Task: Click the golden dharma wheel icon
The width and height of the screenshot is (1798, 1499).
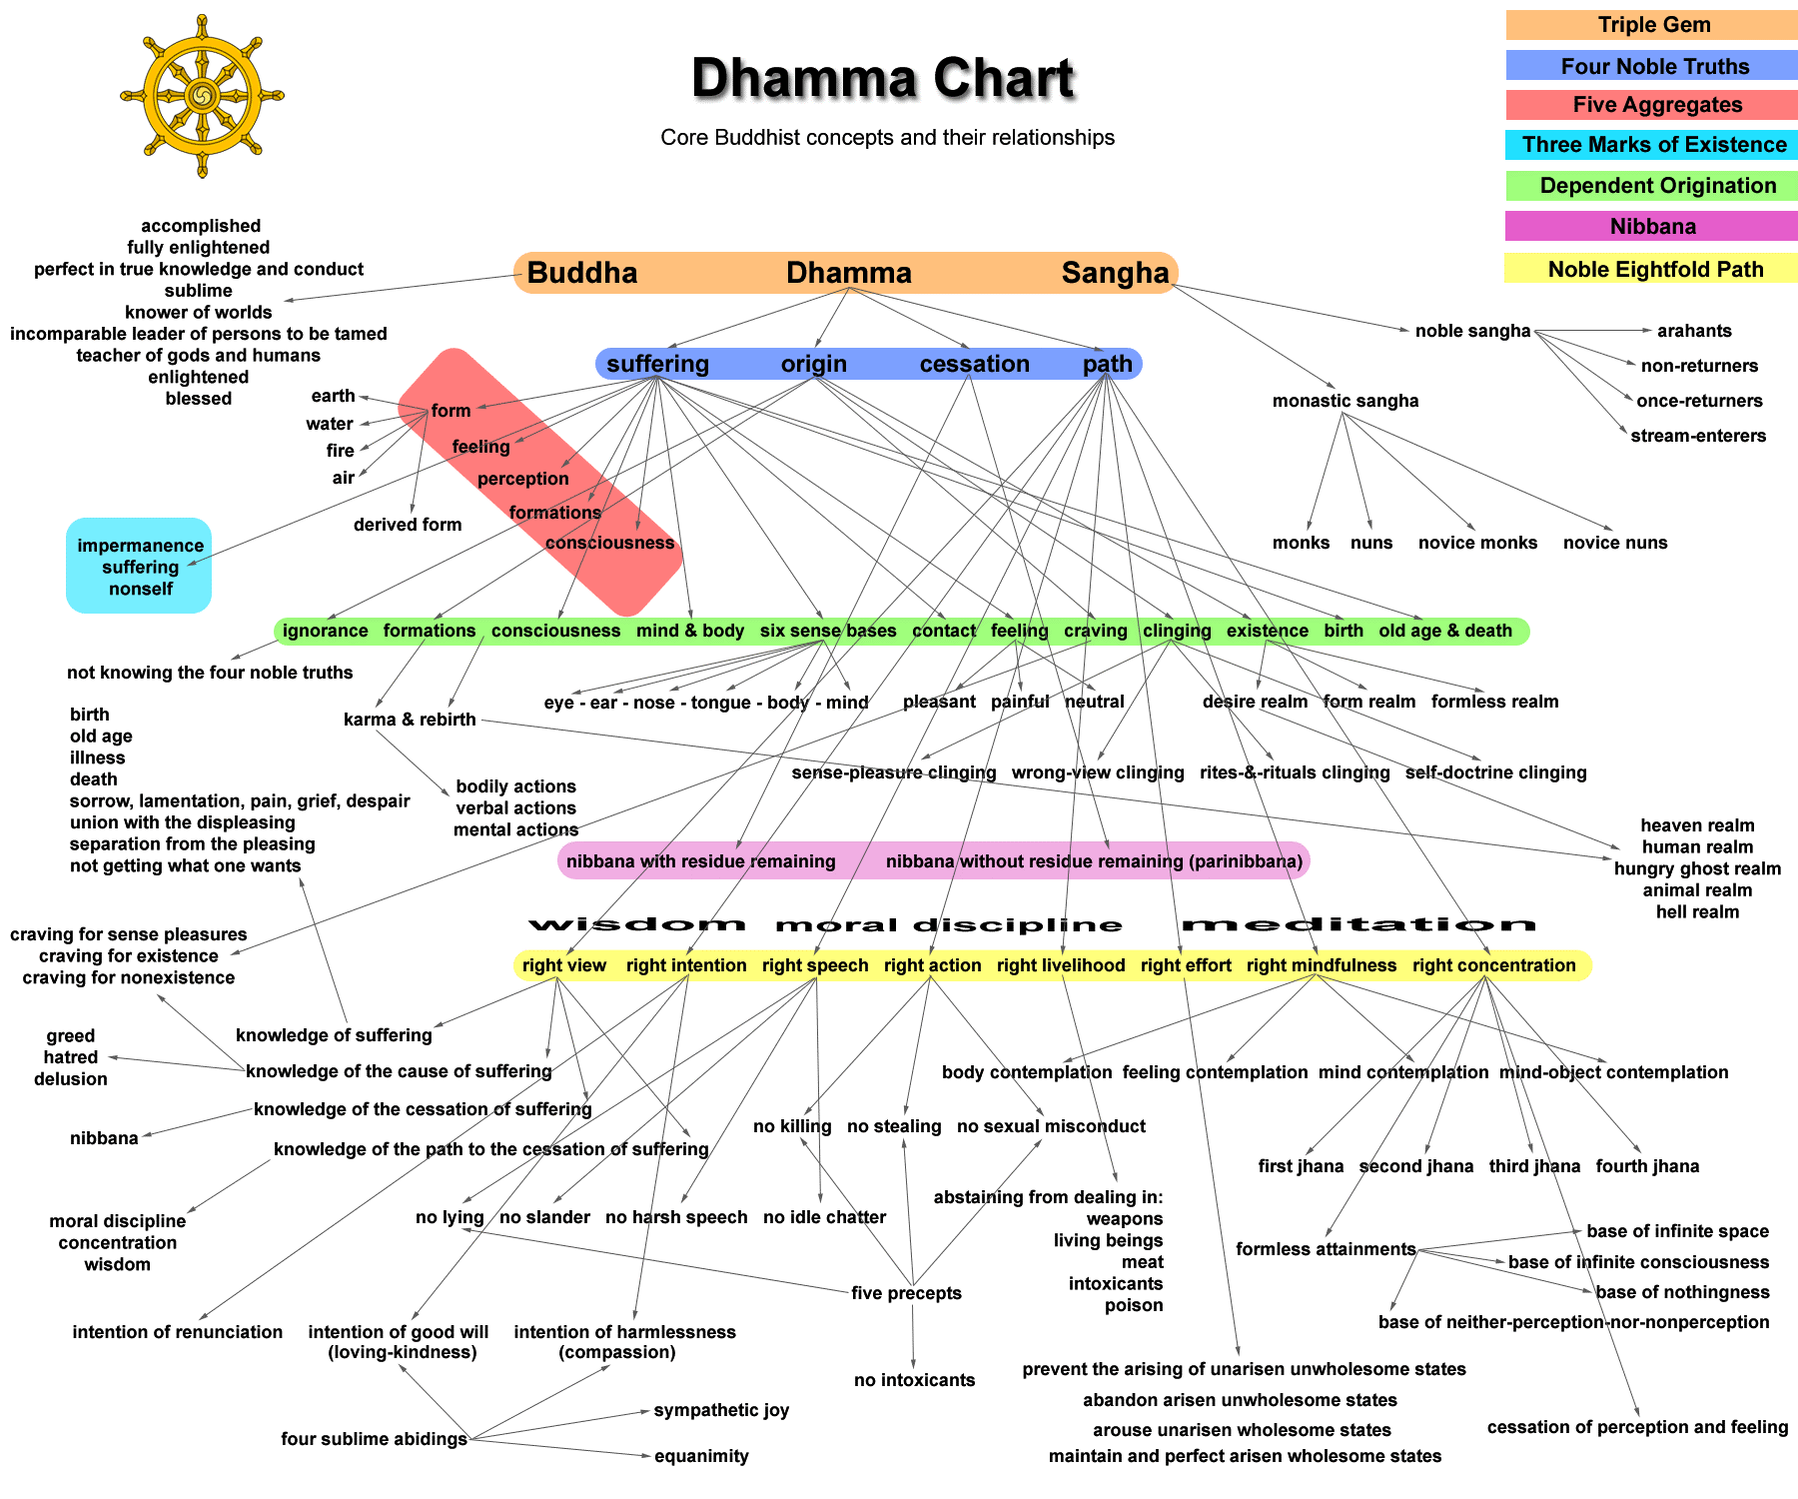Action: [x=203, y=96]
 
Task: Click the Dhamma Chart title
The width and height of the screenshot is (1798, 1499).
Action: [x=883, y=78]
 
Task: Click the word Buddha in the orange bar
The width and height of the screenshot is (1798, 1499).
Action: [x=582, y=273]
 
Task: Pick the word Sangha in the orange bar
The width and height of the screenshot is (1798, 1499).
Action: [x=1115, y=273]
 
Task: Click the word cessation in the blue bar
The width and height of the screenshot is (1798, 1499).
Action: [x=975, y=364]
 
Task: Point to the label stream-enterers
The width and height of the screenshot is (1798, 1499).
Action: [x=1698, y=436]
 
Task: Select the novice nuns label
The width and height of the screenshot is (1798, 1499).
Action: [x=1615, y=543]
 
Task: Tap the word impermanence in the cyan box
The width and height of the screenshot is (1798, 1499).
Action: [x=141, y=546]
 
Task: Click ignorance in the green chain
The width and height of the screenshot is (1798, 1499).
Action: [x=326, y=631]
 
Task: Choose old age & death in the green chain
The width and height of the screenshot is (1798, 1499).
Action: [x=1445, y=631]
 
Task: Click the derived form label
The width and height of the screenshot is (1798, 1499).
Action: [x=408, y=525]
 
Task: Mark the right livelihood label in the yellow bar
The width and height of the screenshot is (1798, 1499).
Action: [x=1061, y=965]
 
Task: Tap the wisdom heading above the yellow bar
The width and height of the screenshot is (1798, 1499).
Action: [x=636, y=924]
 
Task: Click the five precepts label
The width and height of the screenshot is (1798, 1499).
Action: [x=906, y=1293]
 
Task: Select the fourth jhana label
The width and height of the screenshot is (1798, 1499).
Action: [x=1647, y=1166]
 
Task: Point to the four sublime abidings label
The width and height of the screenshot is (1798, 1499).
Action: [x=374, y=1439]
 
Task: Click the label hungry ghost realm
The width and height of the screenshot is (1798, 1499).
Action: [x=1697, y=868]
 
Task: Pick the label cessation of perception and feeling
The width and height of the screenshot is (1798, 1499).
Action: [x=1637, y=1427]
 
